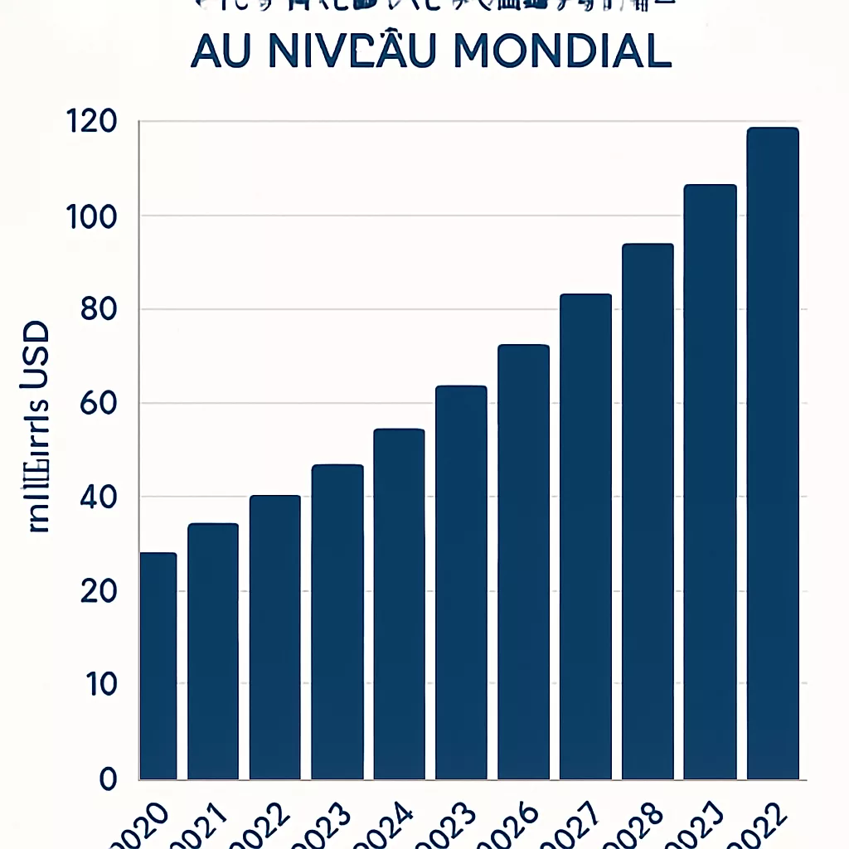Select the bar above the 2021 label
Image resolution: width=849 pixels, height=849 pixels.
(x=213, y=651)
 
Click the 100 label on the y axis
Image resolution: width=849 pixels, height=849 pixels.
(x=90, y=216)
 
